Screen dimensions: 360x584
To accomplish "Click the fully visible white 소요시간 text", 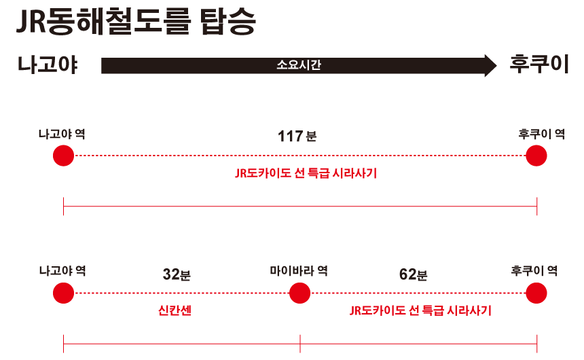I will tap(299, 65).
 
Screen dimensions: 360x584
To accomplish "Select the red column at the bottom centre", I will tap(299, 319).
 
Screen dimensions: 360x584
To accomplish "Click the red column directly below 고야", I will tap(63, 319).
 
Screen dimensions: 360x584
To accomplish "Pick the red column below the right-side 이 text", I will tap(536, 319).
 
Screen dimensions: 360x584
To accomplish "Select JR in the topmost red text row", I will tap(241, 173).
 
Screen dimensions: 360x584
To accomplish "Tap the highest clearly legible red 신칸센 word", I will tap(175, 310).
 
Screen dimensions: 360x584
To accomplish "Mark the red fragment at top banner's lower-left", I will tap(75, 66).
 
